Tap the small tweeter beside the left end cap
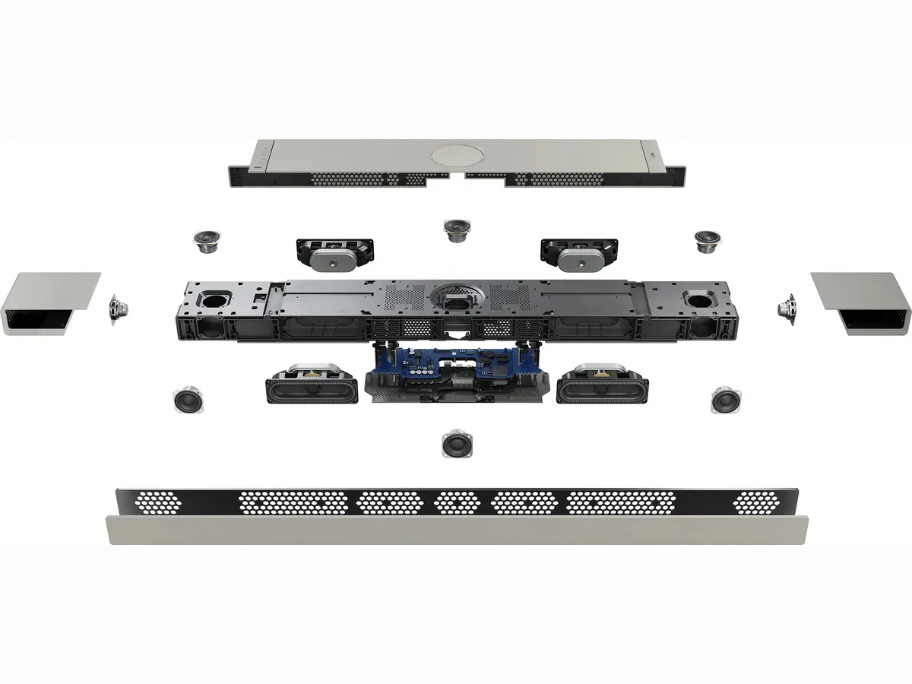tap(118, 308)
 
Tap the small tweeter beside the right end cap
tap(787, 308)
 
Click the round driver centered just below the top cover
tap(456, 230)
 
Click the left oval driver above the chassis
tap(334, 255)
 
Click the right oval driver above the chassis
tap(579, 255)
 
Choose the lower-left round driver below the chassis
tap(187, 399)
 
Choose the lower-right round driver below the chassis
tap(726, 399)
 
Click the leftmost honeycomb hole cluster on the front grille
tap(159, 501)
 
